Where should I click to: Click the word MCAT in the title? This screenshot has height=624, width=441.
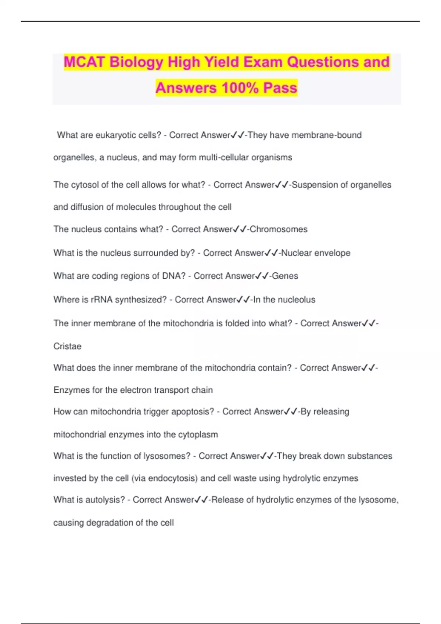84,62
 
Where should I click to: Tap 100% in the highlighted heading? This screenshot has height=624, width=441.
240,88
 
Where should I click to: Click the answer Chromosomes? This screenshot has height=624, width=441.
279,229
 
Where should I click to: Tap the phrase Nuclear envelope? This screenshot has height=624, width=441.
316,253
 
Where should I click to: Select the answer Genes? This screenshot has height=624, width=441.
285,276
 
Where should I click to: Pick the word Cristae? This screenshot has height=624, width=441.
67,346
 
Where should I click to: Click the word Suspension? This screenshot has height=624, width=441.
315,185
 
